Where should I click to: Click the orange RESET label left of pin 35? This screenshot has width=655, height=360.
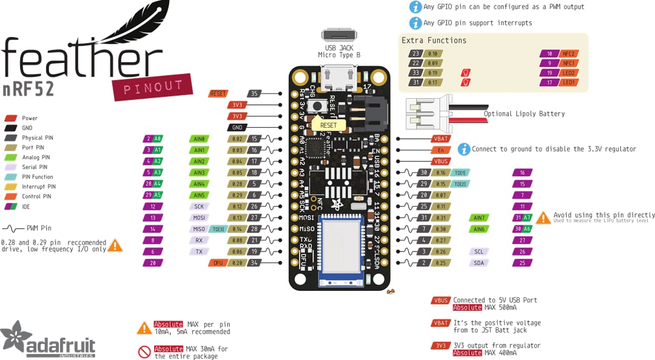(x=218, y=93)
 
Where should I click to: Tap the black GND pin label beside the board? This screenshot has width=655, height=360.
(x=237, y=127)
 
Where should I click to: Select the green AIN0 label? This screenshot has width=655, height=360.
(x=199, y=139)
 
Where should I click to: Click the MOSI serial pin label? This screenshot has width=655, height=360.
(x=199, y=218)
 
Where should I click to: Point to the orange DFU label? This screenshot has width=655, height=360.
(x=218, y=262)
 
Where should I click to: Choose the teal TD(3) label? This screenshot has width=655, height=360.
(x=218, y=229)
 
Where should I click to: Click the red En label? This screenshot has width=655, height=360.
(x=440, y=150)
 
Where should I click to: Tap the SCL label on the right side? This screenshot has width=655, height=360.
(x=479, y=252)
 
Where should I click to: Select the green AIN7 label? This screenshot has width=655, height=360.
(x=479, y=218)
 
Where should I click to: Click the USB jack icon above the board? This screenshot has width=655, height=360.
(x=339, y=35)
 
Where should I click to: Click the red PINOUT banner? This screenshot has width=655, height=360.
(x=145, y=88)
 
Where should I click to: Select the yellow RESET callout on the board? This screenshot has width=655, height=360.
(x=328, y=125)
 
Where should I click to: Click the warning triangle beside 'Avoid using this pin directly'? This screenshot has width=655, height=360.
(x=543, y=217)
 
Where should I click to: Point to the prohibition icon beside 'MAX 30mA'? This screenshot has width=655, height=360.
(x=144, y=352)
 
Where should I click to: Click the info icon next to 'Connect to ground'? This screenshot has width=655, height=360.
(x=463, y=149)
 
